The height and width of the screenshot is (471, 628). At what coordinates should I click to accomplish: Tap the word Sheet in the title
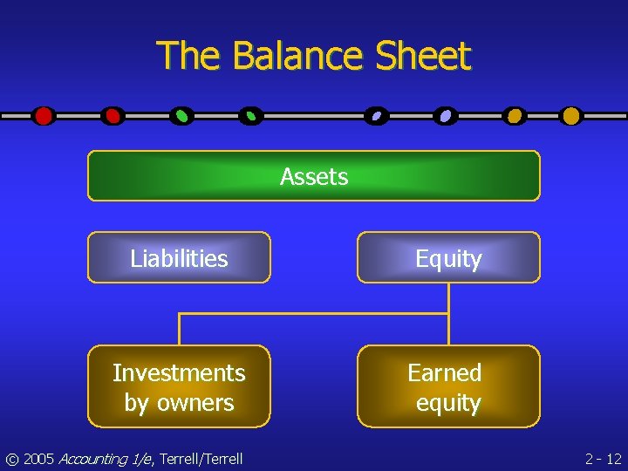tap(423, 57)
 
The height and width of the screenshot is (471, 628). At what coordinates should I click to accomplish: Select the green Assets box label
tap(314, 177)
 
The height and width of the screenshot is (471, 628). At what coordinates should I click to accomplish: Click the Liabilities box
tap(179, 258)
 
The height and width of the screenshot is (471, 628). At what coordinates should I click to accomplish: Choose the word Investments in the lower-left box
tap(179, 373)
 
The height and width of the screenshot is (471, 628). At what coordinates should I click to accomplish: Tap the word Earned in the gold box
tap(445, 373)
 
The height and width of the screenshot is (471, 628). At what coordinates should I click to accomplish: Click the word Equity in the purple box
tap(448, 259)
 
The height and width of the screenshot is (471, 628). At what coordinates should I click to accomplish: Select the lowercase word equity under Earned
tap(448, 403)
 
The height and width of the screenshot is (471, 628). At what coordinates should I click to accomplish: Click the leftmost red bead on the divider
tap(44, 115)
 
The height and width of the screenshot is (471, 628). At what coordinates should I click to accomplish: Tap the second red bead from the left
tap(113, 115)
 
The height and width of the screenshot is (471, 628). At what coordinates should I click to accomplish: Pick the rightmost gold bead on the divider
tap(570, 115)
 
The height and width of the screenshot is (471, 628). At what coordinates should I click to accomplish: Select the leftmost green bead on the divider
tap(181, 115)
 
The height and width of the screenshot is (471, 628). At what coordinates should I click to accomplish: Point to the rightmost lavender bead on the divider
tap(446, 115)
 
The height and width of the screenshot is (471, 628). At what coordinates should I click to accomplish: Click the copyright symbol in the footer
tap(11, 458)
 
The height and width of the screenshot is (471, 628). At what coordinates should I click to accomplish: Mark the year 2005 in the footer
tap(38, 458)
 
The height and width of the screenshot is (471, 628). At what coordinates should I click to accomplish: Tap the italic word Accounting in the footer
tap(92, 458)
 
